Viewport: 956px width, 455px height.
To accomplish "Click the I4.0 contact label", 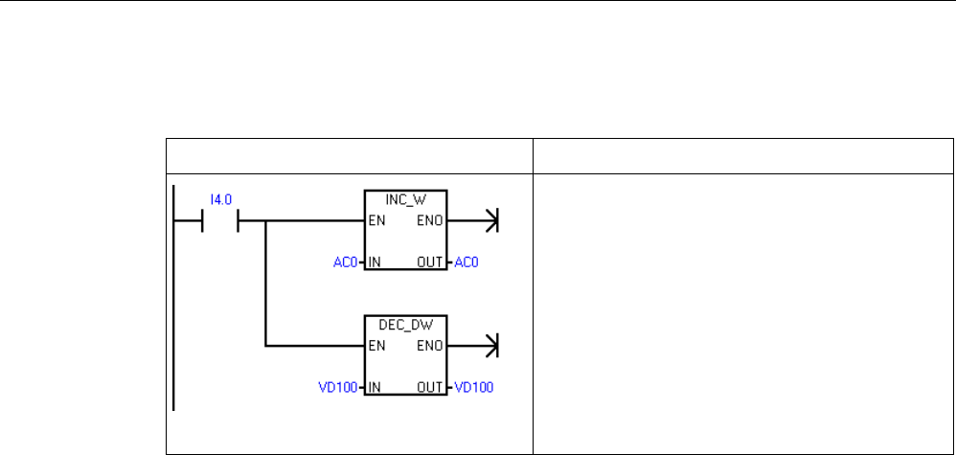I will pyautogui.click(x=221, y=200).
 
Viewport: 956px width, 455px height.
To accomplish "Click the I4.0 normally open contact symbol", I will pyautogui.click(x=221, y=222).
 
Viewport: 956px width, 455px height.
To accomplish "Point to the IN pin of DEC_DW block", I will pyautogui.click(x=375, y=387).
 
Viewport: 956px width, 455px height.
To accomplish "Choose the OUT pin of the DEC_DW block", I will pyautogui.click(x=430, y=387).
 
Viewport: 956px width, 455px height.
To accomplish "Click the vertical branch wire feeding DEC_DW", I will pyautogui.click(x=264, y=287).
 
